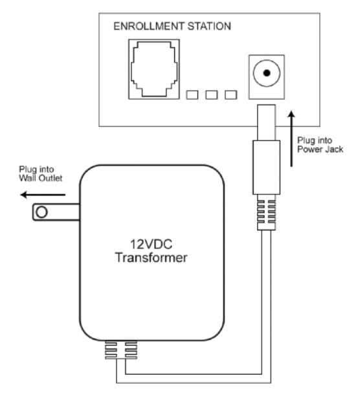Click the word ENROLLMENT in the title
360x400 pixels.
pyautogui.click(x=148, y=27)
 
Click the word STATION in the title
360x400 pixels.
pyautogui.click(x=209, y=27)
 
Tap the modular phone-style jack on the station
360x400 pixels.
pyautogui.click(x=154, y=69)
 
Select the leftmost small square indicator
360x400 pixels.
pyautogui.click(x=192, y=95)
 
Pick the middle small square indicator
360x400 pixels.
pyautogui.click(x=212, y=95)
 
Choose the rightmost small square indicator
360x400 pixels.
pyautogui.click(x=231, y=95)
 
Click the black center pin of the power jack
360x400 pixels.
pyautogui.click(x=267, y=73)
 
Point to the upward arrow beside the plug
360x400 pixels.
pyautogui.click(x=291, y=139)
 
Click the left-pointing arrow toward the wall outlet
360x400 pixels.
pyautogui.click(x=43, y=195)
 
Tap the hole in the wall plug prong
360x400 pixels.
pyautogui.click(x=41, y=212)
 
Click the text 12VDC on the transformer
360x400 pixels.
pyautogui.click(x=151, y=244)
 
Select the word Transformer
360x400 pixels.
pyautogui.click(x=151, y=258)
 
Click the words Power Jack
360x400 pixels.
pyautogui.click(x=320, y=150)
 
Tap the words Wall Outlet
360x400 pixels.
pyautogui.click(x=41, y=178)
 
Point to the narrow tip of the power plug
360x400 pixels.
pyautogui.click(x=266, y=122)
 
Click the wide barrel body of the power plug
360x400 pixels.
pyautogui.click(x=266, y=168)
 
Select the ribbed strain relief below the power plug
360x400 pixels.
pyautogui.click(x=266, y=212)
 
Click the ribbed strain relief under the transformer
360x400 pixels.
pyautogui.click(x=121, y=350)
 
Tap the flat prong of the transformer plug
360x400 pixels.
pyautogui.click(x=56, y=212)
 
